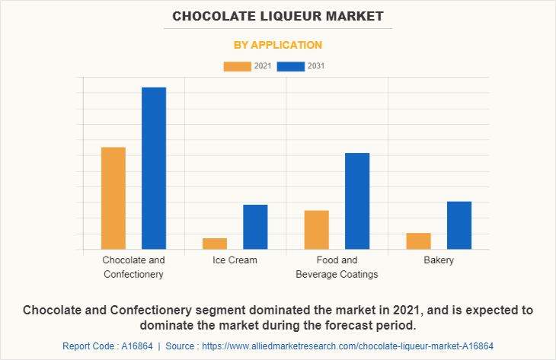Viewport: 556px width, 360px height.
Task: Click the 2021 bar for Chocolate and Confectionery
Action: tap(113, 198)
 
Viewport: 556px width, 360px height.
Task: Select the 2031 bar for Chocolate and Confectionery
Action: tap(154, 168)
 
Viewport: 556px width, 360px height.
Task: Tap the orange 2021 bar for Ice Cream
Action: tap(215, 244)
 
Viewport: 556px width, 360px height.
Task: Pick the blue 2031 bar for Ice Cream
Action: tap(255, 227)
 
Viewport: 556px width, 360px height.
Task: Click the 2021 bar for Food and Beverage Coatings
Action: tap(316, 230)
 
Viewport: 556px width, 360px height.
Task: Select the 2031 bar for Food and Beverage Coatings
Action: tap(357, 201)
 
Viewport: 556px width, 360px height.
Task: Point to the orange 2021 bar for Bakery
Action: tap(418, 241)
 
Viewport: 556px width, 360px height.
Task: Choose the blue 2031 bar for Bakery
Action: tap(459, 225)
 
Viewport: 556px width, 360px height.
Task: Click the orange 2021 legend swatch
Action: tap(237, 66)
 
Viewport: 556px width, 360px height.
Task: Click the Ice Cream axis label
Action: tap(235, 260)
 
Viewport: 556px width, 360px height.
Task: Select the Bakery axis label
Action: tap(439, 260)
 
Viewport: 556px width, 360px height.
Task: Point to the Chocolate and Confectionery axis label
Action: tap(133, 267)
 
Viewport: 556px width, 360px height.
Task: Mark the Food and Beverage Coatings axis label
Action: tap(337, 267)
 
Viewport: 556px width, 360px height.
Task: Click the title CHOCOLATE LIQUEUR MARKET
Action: tap(278, 16)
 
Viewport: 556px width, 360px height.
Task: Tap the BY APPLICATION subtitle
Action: tap(278, 45)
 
